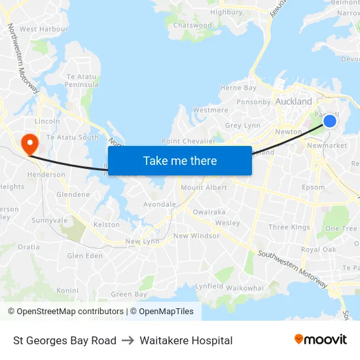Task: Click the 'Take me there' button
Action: [179, 160]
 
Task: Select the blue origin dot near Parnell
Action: [330, 121]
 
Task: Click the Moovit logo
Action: [320, 340]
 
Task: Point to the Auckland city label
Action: [293, 101]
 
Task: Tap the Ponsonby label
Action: [253, 102]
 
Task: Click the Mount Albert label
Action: [204, 188]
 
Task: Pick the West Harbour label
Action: [44, 29]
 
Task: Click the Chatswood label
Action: [192, 26]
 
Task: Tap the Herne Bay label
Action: [238, 88]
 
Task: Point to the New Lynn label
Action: [142, 242]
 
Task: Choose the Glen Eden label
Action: [85, 256]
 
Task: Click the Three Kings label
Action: [289, 228]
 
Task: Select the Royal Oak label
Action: [318, 249]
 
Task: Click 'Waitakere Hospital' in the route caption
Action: [186, 340]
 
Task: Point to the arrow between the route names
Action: [128, 340]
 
